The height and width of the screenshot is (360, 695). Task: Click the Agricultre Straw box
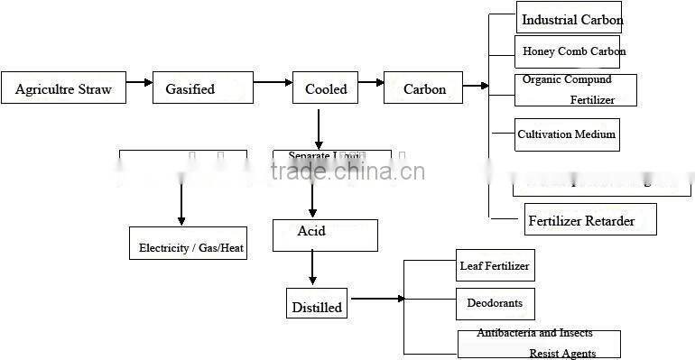(63, 88)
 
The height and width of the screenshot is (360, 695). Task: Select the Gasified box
(190, 88)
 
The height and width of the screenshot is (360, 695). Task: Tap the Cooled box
(325, 88)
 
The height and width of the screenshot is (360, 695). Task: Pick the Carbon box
(424, 88)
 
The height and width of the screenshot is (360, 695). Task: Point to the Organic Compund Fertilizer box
(576, 90)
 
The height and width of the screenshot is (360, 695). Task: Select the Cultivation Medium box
(567, 134)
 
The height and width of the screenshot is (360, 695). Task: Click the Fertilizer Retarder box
(590, 220)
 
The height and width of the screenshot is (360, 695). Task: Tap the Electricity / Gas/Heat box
(189, 244)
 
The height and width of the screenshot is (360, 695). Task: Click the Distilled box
(317, 305)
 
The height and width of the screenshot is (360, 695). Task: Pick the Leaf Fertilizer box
(494, 265)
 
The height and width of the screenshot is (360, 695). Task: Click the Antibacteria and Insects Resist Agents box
(539, 344)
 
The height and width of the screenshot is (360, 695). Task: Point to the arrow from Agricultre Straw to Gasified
(139, 82)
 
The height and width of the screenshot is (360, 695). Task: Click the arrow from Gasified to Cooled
(273, 82)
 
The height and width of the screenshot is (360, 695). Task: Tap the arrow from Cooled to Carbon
(371, 82)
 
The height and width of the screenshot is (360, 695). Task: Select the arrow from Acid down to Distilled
(312, 269)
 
